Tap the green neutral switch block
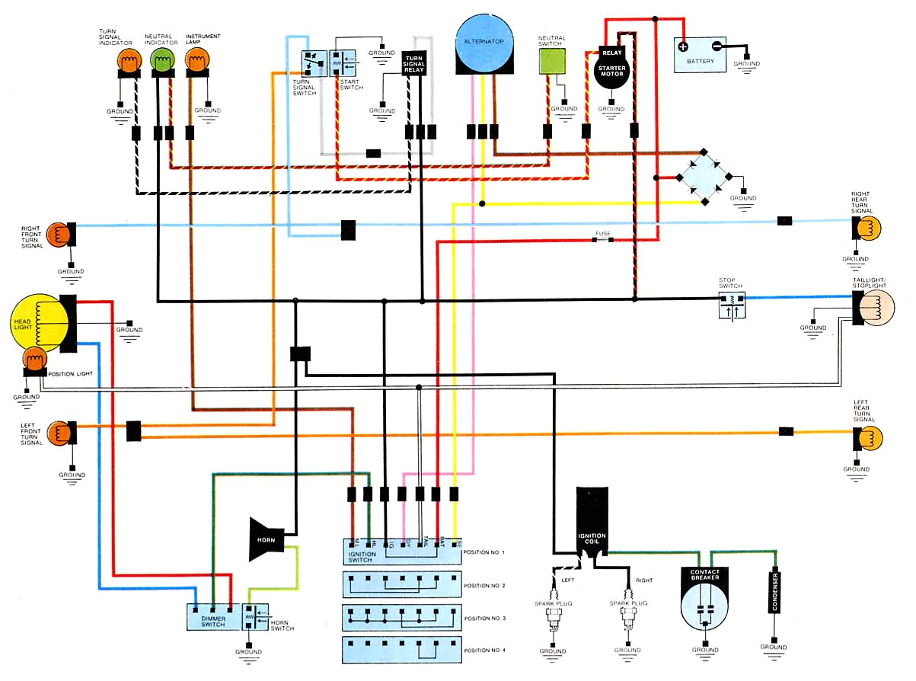pyautogui.click(x=552, y=64)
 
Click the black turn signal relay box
pyautogui.click(x=414, y=63)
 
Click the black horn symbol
pyautogui.click(x=267, y=539)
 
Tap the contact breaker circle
pyautogui.click(x=705, y=597)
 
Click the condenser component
pyautogui.click(x=774, y=591)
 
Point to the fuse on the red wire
pyautogui.click(x=603, y=240)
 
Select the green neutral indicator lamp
pyautogui.click(x=163, y=59)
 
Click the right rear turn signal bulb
pyautogui.click(x=869, y=227)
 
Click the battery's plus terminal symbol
pyautogui.click(x=683, y=46)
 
